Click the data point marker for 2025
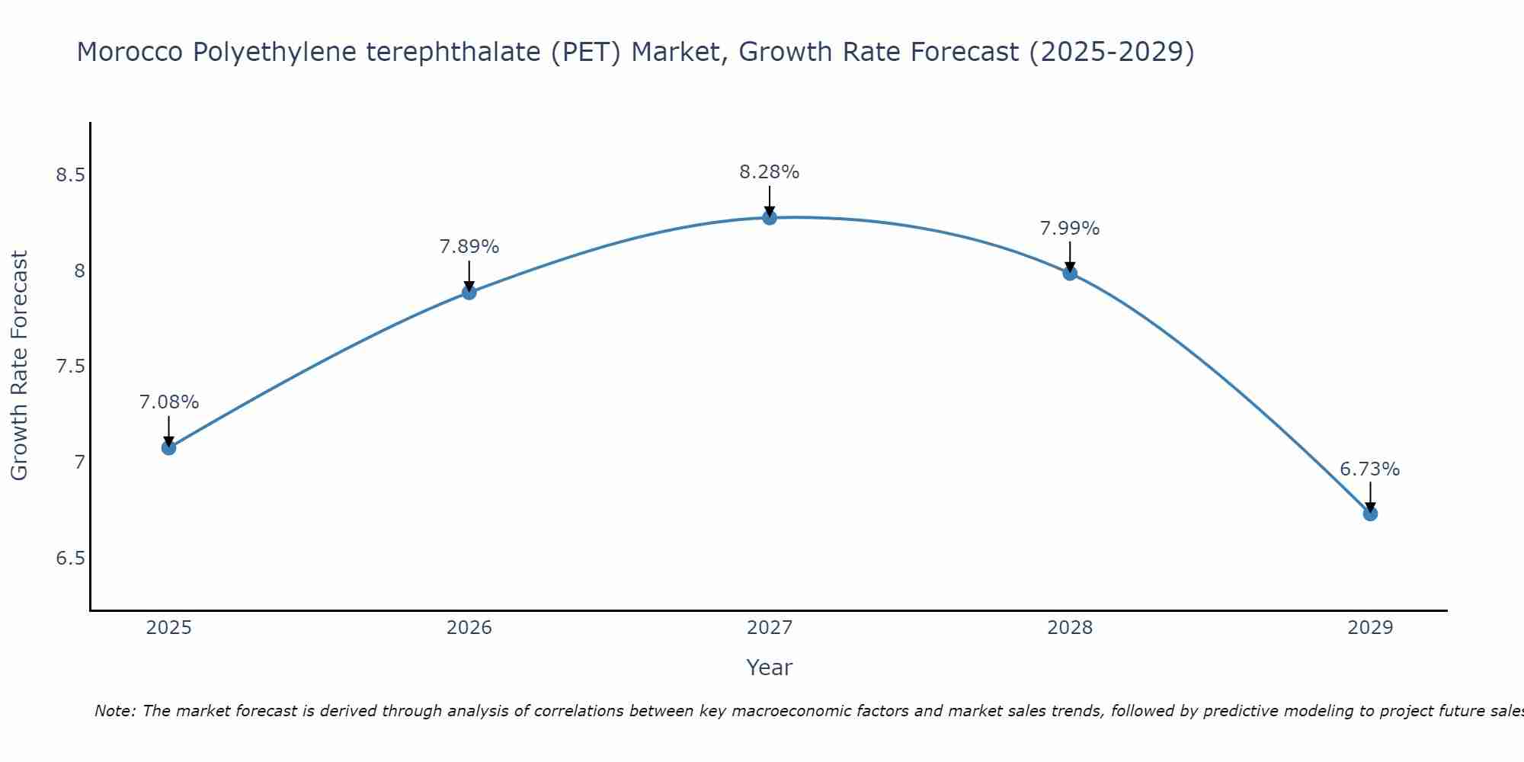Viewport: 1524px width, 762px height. click(168, 447)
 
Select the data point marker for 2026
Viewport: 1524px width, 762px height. click(469, 292)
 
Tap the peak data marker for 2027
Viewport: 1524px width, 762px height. click(770, 217)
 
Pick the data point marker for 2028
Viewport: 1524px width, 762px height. click(1070, 273)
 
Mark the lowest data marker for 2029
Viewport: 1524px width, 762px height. click(1370, 514)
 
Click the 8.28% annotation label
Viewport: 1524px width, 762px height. click(770, 172)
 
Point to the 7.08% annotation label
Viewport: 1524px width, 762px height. click(168, 402)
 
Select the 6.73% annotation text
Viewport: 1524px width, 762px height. click(1370, 469)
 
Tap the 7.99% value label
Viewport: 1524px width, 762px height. click(1070, 229)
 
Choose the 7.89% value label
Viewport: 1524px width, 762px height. click(469, 247)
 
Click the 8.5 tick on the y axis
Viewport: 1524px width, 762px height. click(69, 175)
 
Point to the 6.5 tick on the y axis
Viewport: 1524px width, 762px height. click(69, 559)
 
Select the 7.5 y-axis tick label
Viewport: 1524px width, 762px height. click(69, 367)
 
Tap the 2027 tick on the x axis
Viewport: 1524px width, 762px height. click(770, 628)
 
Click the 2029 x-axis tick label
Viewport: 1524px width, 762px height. click(1370, 628)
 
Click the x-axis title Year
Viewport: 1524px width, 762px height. click(770, 668)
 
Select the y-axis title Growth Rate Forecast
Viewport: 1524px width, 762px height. click(19, 366)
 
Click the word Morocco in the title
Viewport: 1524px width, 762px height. click(130, 53)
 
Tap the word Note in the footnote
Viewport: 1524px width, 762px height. click(114, 711)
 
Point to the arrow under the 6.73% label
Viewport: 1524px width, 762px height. click(1370, 495)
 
